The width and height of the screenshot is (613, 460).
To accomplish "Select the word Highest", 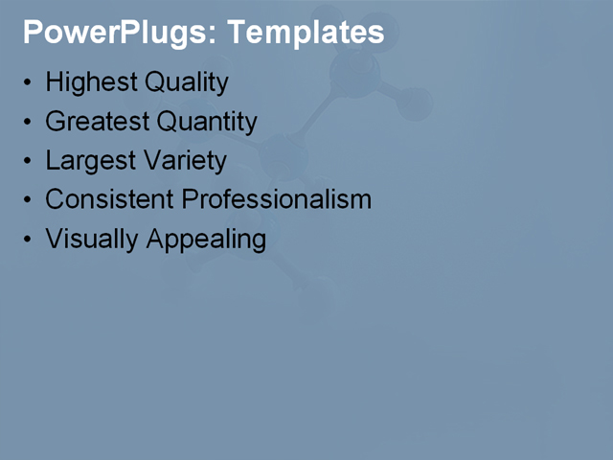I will tap(92, 82).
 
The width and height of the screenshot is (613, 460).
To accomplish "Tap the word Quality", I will tap(187, 83).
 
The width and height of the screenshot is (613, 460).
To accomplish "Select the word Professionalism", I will tap(277, 199).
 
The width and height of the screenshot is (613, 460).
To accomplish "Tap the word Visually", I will tap(93, 239).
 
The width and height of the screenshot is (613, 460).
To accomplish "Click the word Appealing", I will tap(207, 240).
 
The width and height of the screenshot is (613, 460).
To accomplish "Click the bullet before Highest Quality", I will tap(28, 83).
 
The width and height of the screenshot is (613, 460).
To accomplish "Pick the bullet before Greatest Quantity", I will tap(28, 123).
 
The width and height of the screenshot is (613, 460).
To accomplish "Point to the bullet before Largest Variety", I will tap(28, 161).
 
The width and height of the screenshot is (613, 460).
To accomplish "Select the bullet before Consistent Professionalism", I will tap(28, 200).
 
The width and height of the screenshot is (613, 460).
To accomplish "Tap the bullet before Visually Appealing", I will tap(28, 239).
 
